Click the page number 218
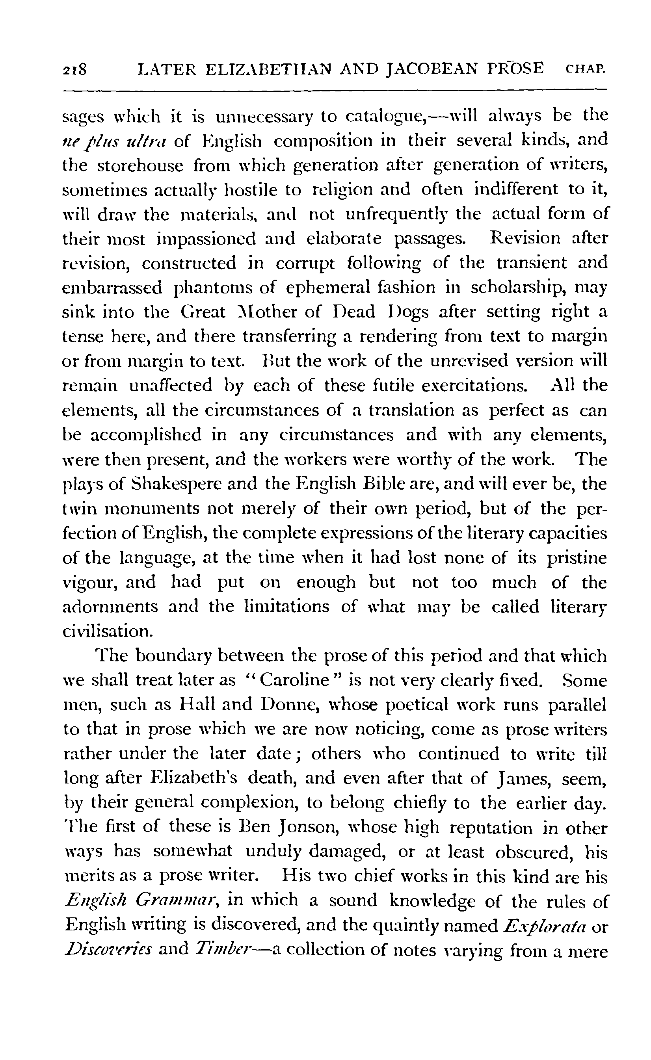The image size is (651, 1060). coord(75,69)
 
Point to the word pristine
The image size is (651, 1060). coord(577,558)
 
